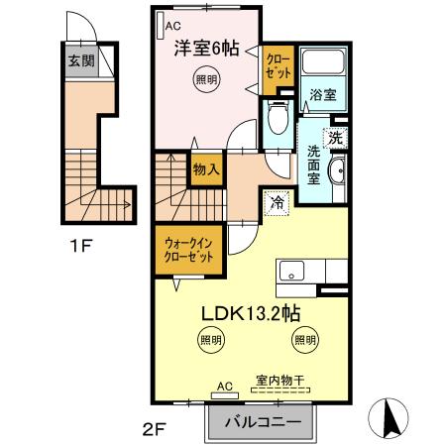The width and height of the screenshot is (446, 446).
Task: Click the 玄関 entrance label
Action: coord(80,60)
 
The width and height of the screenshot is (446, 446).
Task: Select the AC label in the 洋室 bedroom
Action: coord(172,28)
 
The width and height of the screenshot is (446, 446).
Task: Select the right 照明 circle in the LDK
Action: coord(303,340)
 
